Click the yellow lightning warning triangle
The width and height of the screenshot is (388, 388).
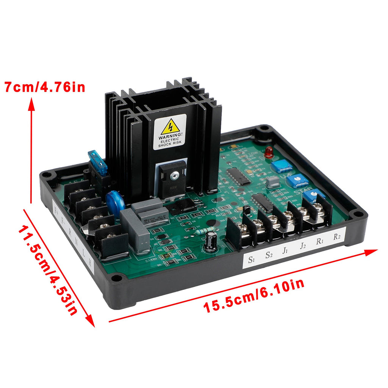point(170,127)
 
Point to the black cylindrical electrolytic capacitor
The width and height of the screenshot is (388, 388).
point(210,242)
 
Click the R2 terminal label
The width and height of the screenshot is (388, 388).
point(337,237)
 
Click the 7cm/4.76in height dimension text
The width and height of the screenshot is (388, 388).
point(45,87)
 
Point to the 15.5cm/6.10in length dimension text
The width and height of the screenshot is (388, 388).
point(254,296)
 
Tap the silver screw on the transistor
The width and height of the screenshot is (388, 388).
point(174,176)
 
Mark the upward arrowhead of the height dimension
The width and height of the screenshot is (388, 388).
point(32,103)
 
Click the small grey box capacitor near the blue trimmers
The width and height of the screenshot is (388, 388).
point(273,182)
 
